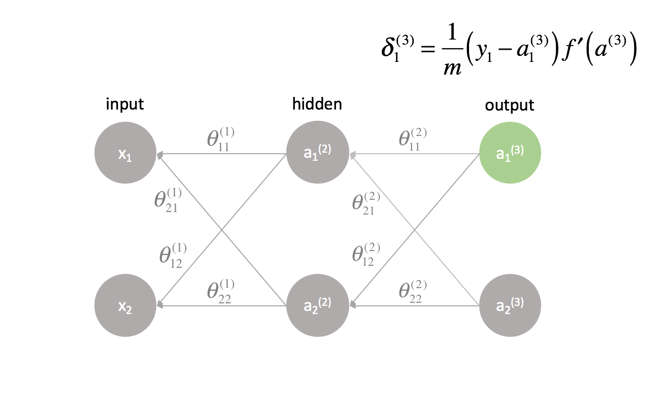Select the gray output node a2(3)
coord(510,305)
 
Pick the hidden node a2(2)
coord(317,305)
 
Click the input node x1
coord(125,153)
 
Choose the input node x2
coord(125,305)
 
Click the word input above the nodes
coord(125,104)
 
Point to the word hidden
coord(317,104)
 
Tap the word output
coord(510,105)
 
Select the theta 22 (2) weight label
coord(413,291)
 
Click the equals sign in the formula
coord(426,52)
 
